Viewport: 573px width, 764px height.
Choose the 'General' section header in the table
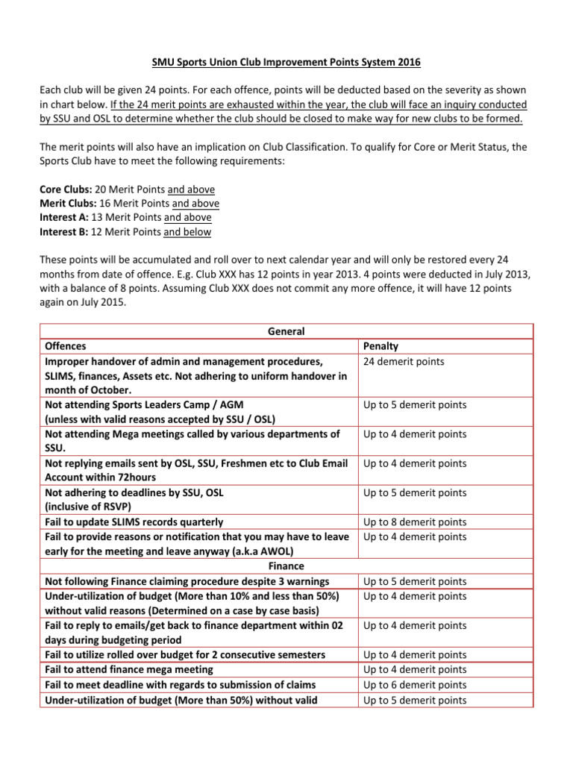pyautogui.click(x=286, y=331)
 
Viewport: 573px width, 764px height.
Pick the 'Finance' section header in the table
pyautogui.click(x=286, y=566)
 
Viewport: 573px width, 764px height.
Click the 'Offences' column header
pyautogui.click(x=66, y=346)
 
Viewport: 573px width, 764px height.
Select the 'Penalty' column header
pyautogui.click(x=381, y=346)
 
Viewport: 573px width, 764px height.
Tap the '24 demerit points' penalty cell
pyautogui.click(x=404, y=361)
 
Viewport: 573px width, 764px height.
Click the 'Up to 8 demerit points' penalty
pyautogui.click(x=415, y=522)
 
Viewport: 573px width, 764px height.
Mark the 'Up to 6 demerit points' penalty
pyautogui.click(x=415, y=684)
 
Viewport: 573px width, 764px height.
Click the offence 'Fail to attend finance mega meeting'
pyautogui.click(x=129, y=669)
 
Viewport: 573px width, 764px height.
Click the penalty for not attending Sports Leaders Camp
pyautogui.click(x=415, y=405)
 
